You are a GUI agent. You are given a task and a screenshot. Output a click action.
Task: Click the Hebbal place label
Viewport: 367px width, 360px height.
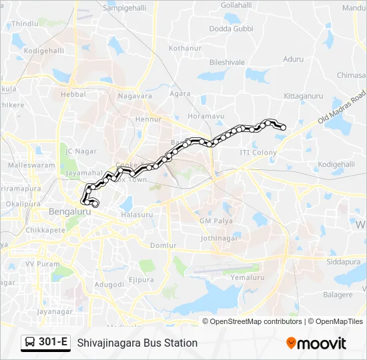tap(73, 95)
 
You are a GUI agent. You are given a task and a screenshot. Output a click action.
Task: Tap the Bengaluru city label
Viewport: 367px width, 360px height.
tap(69, 211)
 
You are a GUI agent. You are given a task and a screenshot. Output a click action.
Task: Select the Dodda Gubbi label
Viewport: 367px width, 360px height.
tap(232, 29)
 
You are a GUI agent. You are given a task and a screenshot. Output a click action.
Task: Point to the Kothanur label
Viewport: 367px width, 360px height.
tap(185, 49)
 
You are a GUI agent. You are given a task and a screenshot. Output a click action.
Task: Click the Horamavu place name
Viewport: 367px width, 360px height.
tap(204, 116)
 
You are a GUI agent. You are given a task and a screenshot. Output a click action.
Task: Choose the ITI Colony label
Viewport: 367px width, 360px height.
tap(258, 153)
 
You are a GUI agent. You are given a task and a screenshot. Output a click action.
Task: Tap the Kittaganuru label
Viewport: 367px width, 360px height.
tap(303, 96)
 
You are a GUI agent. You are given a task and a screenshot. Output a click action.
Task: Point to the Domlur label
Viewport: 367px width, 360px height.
tap(163, 245)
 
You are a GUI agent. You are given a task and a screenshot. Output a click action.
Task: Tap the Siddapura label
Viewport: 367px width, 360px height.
tap(343, 262)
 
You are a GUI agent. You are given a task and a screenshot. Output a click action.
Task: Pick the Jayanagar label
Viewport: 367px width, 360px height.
tap(54, 311)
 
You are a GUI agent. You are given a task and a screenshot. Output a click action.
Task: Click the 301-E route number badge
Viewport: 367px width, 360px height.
tap(54, 343)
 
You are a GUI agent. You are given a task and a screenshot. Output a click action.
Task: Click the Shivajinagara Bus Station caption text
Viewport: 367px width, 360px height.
tap(137, 343)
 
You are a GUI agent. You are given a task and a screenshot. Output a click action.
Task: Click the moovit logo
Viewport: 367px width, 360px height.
tap(316, 343)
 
